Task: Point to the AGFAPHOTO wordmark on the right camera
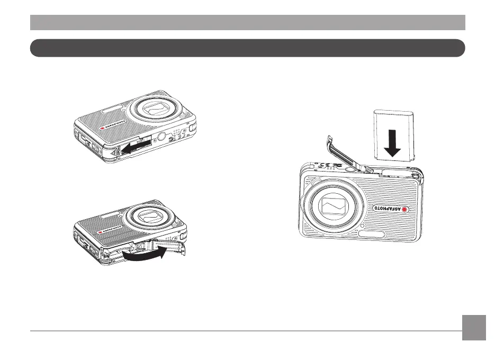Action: click(x=389, y=209)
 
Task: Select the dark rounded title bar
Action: click(x=247, y=48)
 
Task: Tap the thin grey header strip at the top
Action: click(x=247, y=22)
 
